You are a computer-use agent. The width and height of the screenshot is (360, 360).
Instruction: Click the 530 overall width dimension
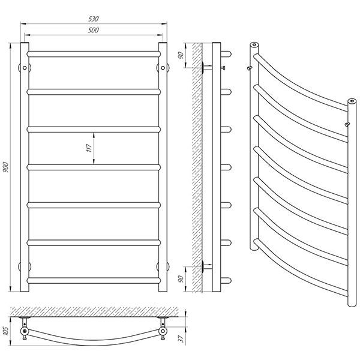(93, 19)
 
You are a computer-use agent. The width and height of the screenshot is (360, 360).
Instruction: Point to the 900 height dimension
(7, 168)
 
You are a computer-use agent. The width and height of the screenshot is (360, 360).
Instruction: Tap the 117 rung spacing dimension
(88, 148)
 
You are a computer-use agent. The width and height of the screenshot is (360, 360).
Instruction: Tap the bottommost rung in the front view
(93, 280)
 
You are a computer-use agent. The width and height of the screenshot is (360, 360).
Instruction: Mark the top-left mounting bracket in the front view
(25, 67)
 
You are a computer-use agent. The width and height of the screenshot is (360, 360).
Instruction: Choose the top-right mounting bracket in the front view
(161, 67)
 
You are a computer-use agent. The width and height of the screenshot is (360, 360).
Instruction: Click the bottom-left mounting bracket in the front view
(25, 266)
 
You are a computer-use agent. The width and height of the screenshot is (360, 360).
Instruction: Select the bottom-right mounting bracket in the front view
(161, 266)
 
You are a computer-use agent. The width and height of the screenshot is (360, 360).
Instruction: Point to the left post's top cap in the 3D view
(254, 44)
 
